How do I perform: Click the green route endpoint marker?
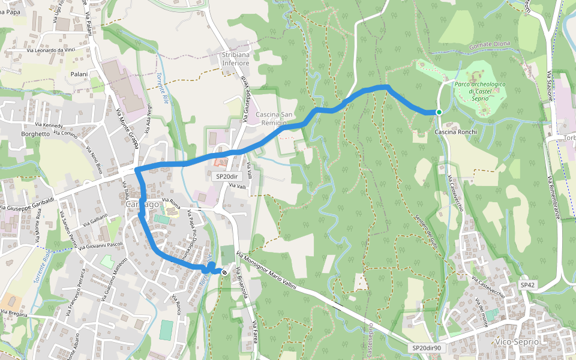(x=439, y=112)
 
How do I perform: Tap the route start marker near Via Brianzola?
(x=224, y=272)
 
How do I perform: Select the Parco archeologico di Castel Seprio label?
(x=479, y=91)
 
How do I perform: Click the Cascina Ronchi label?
(x=455, y=132)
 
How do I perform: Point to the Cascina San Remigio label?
(x=274, y=119)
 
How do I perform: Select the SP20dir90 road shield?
(x=427, y=348)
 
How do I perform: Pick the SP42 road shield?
(x=527, y=285)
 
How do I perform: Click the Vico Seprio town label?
(x=517, y=342)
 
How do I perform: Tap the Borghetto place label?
(x=35, y=134)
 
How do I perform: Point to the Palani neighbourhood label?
(x=79, y=74)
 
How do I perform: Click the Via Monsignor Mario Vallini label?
(x=266, y=271)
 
